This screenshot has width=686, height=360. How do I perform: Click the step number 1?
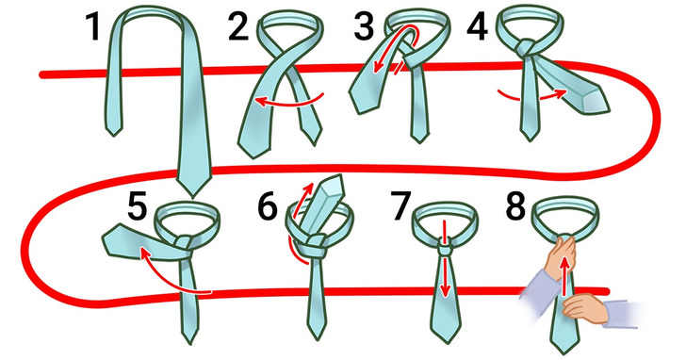click(x=93, y=26)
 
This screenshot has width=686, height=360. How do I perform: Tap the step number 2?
click(x=238, y=26)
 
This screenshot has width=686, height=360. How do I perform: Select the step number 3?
click(x=365, y=26)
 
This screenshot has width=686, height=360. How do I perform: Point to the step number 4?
click(x=478, y=26)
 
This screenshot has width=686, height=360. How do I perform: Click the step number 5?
click(x=137, y=206)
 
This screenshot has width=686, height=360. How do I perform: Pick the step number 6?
click(x=268, y=206)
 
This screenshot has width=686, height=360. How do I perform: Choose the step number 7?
click(x=401, y=206)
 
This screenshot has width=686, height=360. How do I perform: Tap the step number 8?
click(x=515, y=206)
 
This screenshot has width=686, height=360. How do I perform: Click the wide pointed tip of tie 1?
click(x=193, y=195)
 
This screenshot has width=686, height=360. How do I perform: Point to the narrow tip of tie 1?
click(x=114, y=135)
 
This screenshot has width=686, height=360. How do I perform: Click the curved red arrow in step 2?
click(x=288, y=103)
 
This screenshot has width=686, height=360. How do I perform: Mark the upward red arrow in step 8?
click(x=565, y=275)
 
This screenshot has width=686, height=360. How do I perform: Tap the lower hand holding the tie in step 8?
click(x=585, y=307)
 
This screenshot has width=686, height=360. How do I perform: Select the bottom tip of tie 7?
click(x=445, y=342)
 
